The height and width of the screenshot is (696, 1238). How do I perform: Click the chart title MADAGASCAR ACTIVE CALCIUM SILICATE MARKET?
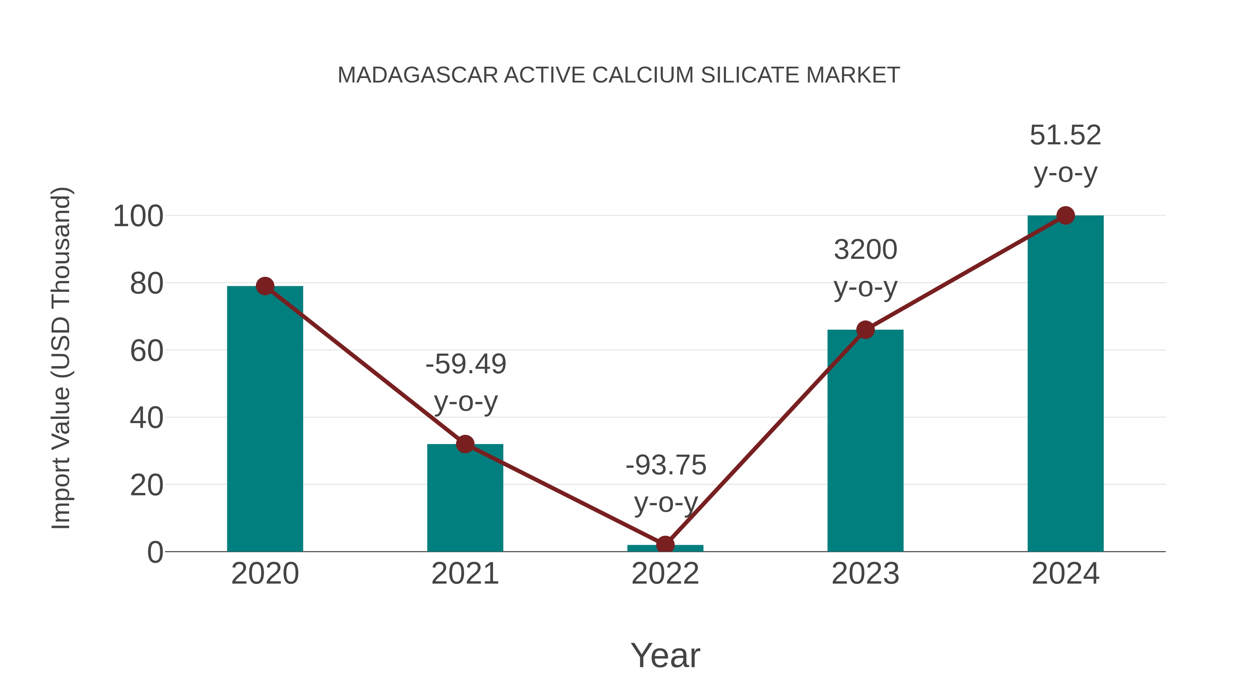619,75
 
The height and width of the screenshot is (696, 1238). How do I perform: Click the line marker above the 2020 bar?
265,286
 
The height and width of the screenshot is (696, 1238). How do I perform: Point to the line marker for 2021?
465,444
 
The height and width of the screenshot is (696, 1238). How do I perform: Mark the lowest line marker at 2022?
665,545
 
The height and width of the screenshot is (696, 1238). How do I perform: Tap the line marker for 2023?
865,330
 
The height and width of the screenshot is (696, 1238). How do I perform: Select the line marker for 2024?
1065,216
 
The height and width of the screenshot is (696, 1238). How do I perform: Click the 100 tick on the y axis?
138,217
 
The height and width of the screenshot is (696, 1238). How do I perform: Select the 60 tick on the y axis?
146,351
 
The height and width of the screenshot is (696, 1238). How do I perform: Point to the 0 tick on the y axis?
155,552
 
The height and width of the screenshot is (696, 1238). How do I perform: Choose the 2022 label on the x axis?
665,574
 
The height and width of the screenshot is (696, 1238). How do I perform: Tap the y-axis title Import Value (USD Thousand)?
62,358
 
